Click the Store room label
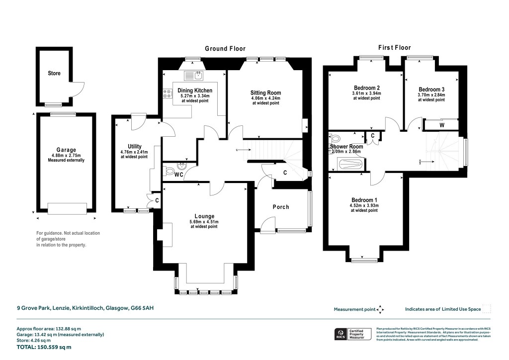pyautogui.click(x=54, y=73)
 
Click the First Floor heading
pyautogui.click(x=394, y=48)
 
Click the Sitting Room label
pyautogui.click(x=265, y=92)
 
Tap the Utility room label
pyautogui.click(x=135, y=147)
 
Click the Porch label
pyautogui.click(x=280, y=207)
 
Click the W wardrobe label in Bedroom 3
pyautogui.click(x=441, y=125)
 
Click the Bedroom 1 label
pyautogui.click(x=365, y=199)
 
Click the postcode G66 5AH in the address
pyautogui.click(x=143, y=308)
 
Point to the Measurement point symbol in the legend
pyautogui.click(x=380, y=309)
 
